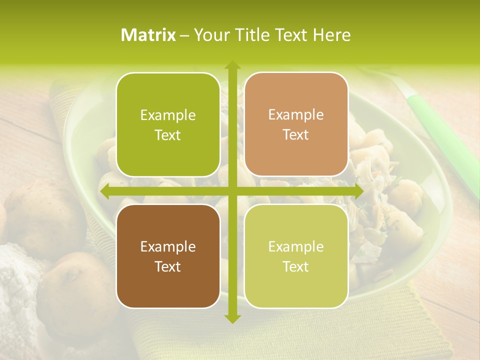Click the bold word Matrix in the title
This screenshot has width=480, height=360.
pos(148,35)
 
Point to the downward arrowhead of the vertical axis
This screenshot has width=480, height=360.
pos(232,318)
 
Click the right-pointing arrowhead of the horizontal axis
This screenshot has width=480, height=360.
pos(358,191)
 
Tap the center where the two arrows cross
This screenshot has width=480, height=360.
pos(232,191)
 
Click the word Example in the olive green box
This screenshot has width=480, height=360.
pos(168,115)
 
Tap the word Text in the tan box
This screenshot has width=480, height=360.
pos(296,135)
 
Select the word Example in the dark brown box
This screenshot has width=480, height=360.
pos(168,247)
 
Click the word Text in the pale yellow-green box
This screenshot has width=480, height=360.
pos(296,266)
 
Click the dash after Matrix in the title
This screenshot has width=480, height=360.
pos(183,35)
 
